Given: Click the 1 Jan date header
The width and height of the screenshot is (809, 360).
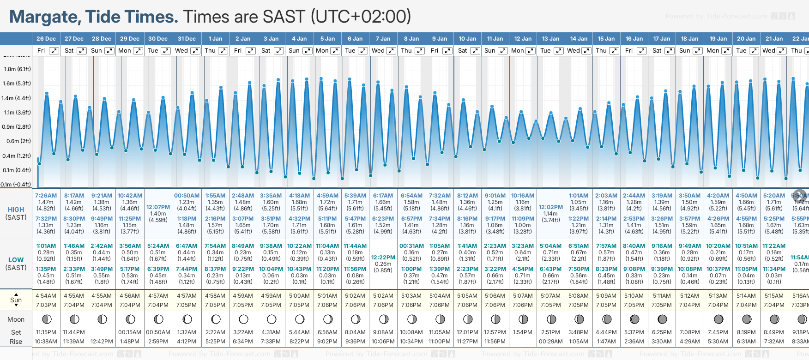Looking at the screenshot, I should [215, 39].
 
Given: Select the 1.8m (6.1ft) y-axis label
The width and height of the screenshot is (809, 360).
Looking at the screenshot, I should [17, 69].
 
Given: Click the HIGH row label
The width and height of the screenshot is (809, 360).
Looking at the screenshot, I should [16, 210].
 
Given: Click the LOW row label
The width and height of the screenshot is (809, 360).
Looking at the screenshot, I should [16, 260].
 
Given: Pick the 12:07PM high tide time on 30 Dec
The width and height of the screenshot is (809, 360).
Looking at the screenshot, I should [158, 207].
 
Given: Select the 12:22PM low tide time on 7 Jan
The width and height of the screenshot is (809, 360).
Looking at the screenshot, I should [383, 258].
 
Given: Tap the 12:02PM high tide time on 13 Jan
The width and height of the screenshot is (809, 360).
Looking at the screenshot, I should [550, 207].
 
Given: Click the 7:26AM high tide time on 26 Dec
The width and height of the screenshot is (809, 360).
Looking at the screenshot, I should [46, 196].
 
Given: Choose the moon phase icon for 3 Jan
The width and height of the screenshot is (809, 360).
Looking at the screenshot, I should [272, 319].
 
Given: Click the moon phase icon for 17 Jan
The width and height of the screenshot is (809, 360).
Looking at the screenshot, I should [662, 319].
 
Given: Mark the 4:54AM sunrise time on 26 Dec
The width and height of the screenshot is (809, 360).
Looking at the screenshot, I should [46, 296].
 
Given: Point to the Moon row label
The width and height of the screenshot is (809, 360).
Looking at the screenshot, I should [16, 319].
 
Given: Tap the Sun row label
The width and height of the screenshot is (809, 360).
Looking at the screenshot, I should [16, 300].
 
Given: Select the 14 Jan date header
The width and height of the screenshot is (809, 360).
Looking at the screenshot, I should [579, 39].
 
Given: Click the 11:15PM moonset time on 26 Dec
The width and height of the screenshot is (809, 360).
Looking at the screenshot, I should [46, 332].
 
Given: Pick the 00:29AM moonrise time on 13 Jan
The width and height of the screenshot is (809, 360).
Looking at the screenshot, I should [550, 342].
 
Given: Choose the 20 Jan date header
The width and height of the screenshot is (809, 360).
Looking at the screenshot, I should [746, 39].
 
